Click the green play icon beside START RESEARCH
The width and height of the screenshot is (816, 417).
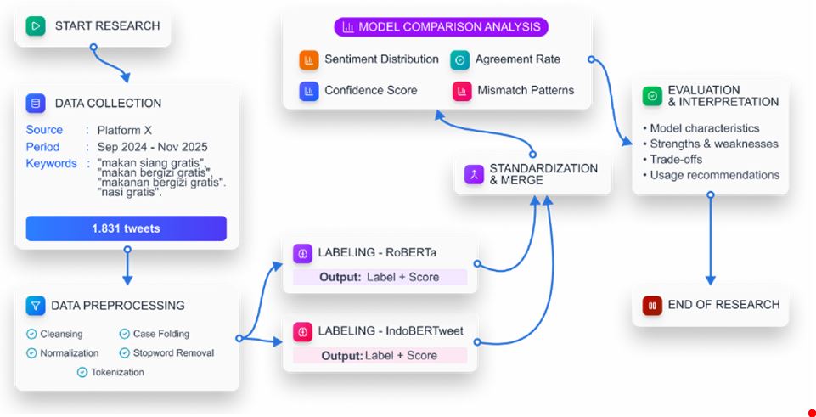[36, 26]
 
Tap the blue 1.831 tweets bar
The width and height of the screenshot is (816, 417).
[127, 228]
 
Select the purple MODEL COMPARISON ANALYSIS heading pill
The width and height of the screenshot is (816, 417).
[442, 26]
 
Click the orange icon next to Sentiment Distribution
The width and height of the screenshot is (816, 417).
[308, 59]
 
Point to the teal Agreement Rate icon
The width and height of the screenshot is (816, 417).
[460, 59]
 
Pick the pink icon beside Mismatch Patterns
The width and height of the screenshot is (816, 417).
[462, 91]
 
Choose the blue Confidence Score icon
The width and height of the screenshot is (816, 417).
[308, 91]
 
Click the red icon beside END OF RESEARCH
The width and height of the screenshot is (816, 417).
[652, 306]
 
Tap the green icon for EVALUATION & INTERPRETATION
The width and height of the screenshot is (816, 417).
[652, 96]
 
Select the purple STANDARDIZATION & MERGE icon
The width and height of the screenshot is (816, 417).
[474, 174]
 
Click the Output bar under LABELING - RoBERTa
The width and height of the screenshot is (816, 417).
[380, 278]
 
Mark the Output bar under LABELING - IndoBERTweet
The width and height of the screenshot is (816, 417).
[380, 356]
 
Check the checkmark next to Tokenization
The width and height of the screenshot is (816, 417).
[82, 372]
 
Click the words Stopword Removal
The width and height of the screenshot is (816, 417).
[173, 353]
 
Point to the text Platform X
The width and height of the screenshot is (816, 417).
[124, 130]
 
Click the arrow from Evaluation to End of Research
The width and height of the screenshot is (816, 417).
[710, 239]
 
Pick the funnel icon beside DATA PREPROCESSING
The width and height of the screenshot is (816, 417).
[36, 306]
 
